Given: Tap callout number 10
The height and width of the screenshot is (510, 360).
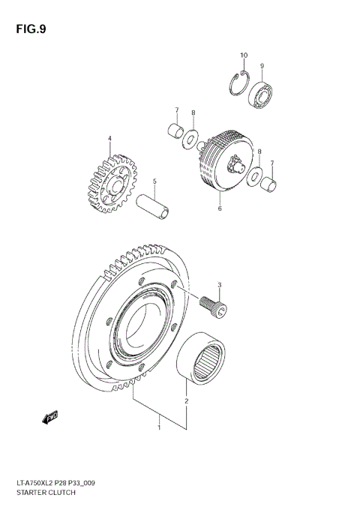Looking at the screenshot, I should point(243,55).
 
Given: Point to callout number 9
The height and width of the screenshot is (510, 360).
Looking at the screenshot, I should point(262,66).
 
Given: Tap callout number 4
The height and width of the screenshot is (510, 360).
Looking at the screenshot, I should point(109,139).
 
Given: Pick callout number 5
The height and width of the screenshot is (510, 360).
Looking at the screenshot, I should point(154,181).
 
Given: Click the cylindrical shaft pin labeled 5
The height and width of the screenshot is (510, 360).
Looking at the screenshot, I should point(154,205).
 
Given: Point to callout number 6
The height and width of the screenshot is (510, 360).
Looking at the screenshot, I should point(220,209).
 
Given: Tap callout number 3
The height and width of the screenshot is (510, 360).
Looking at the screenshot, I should point(220,285).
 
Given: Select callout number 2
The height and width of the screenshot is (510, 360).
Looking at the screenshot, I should point(186,401).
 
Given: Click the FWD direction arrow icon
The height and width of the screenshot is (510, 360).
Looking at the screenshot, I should point(51,415).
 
